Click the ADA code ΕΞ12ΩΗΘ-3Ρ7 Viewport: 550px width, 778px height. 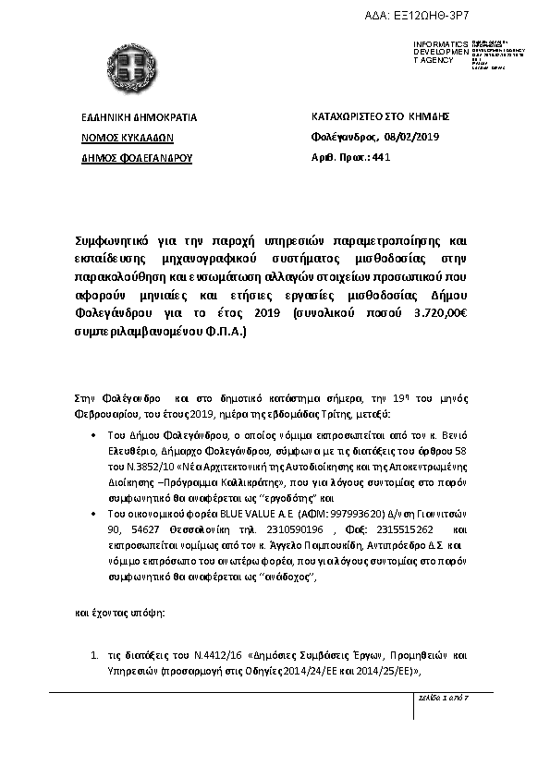pyautogui.click(x=497, y=8)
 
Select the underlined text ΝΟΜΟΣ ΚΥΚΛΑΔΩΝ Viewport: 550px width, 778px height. pyautogui.click(x=116, y=138)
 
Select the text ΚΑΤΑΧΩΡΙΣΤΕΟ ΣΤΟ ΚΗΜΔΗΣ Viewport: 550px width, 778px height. pyautogui.click(x=380, y=117)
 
